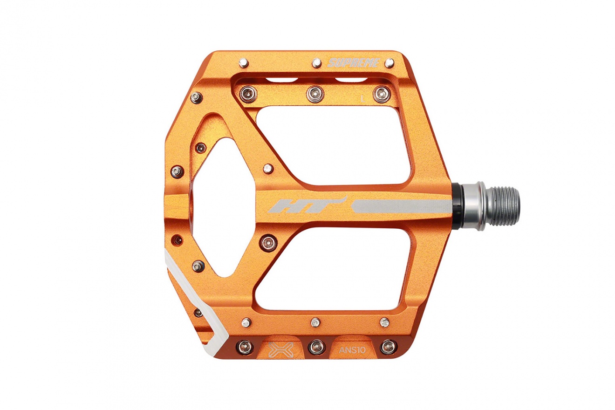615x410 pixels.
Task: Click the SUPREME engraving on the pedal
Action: [x=353, y=63]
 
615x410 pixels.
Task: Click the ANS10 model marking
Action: [x=352, y=350]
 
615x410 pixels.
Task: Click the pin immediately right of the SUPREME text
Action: [x=389, y=63]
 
